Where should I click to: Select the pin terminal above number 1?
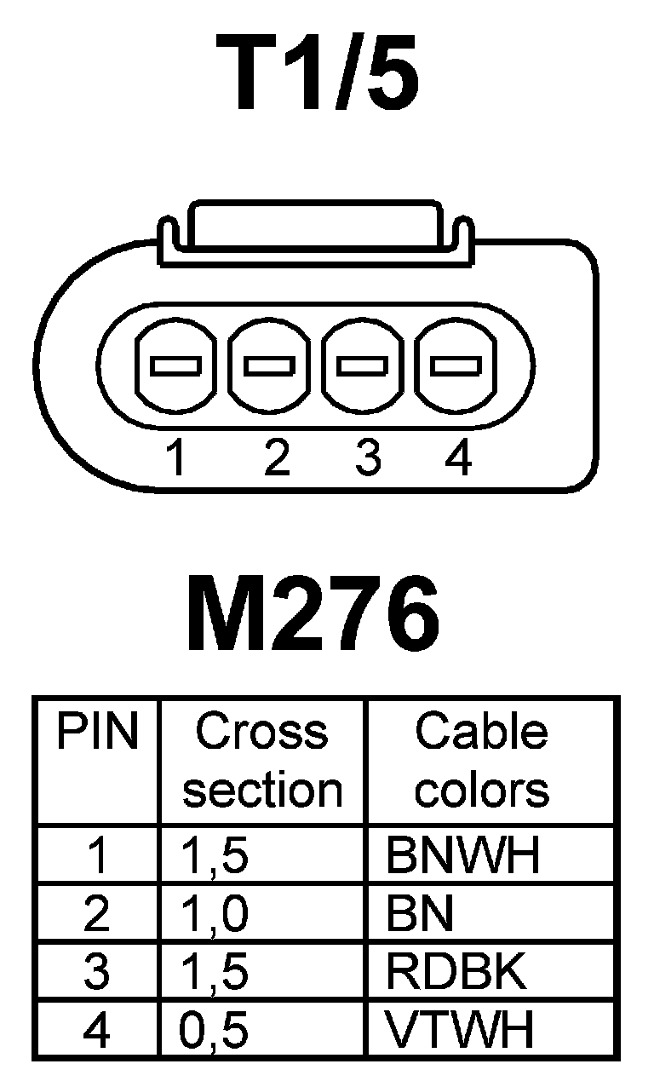pos(175,366)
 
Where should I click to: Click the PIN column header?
pos(97,733)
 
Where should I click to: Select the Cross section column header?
pos(262,761)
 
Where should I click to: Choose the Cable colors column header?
pos(482,761)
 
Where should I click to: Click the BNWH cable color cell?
pos(462,856)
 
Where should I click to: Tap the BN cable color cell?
pos(419,915)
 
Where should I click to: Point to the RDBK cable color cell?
pos(456,973)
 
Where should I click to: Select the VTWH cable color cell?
pos(460,1031)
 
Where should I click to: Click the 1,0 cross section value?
pos(215,915)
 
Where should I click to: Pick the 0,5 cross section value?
pos(215,1031)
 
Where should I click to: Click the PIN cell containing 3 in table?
pos(97,973)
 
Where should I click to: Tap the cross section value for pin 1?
pos(215,856)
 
